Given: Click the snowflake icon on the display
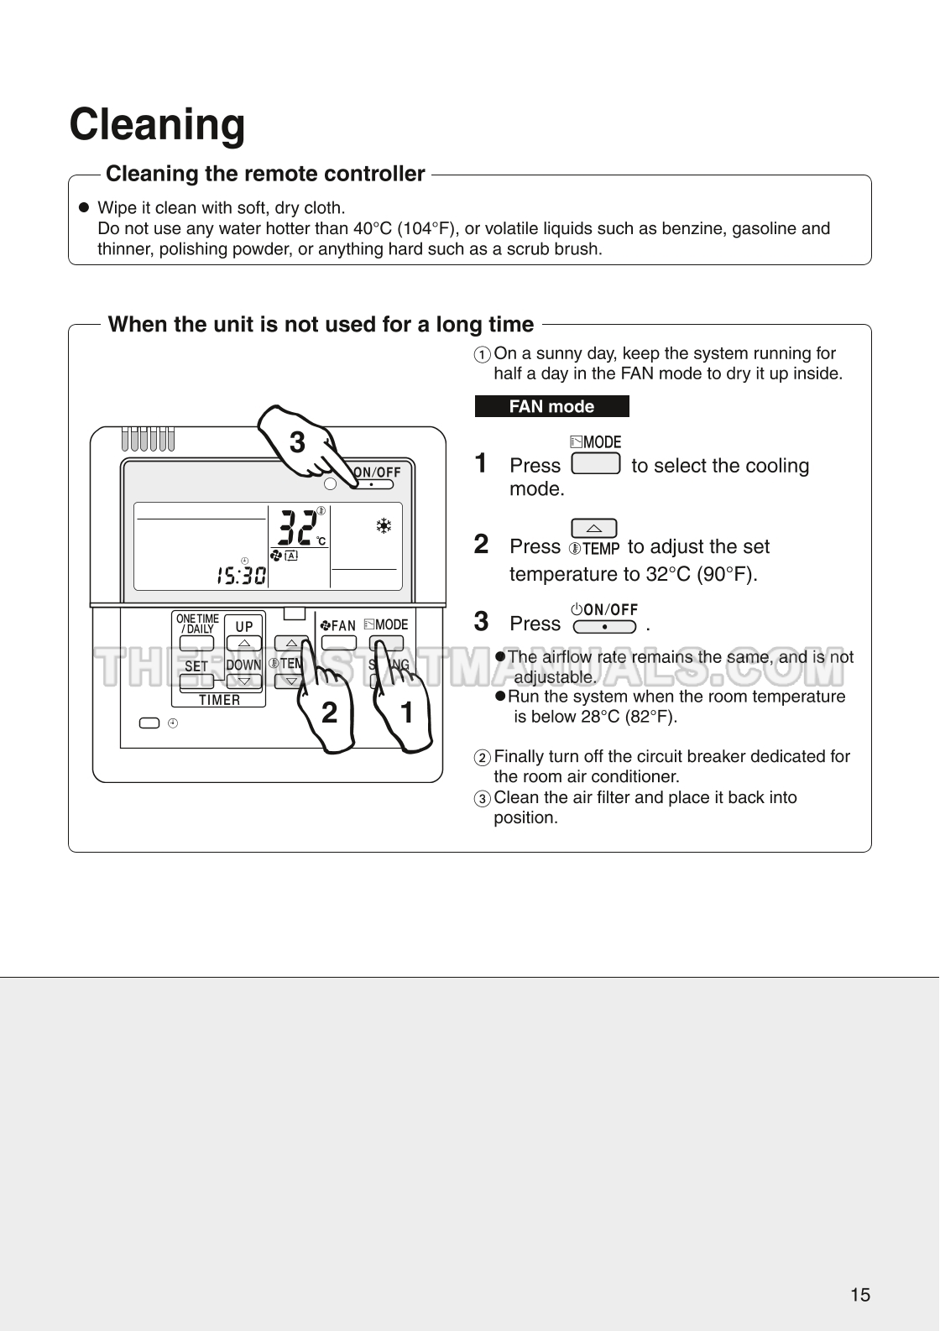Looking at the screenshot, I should coord(384,526).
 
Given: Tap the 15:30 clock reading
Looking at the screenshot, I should coord(241,575).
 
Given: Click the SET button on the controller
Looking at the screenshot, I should coord(196,681).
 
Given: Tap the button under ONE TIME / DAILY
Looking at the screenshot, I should coord(196,645).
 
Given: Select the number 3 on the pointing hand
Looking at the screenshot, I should coord(297,442).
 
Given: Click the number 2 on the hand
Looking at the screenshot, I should coord(329,712).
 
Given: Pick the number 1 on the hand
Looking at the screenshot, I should coord(407,712).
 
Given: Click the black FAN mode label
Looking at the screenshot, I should coord(551,406).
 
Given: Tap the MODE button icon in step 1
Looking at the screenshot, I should coord(595,463).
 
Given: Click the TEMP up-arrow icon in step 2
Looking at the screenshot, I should coord(593,528).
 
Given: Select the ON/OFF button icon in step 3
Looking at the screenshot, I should coord(604,626).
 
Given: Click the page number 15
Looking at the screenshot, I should coord(860,1294).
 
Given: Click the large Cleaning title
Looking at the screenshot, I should coord(157,124).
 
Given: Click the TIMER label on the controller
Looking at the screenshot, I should coord(219,700).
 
